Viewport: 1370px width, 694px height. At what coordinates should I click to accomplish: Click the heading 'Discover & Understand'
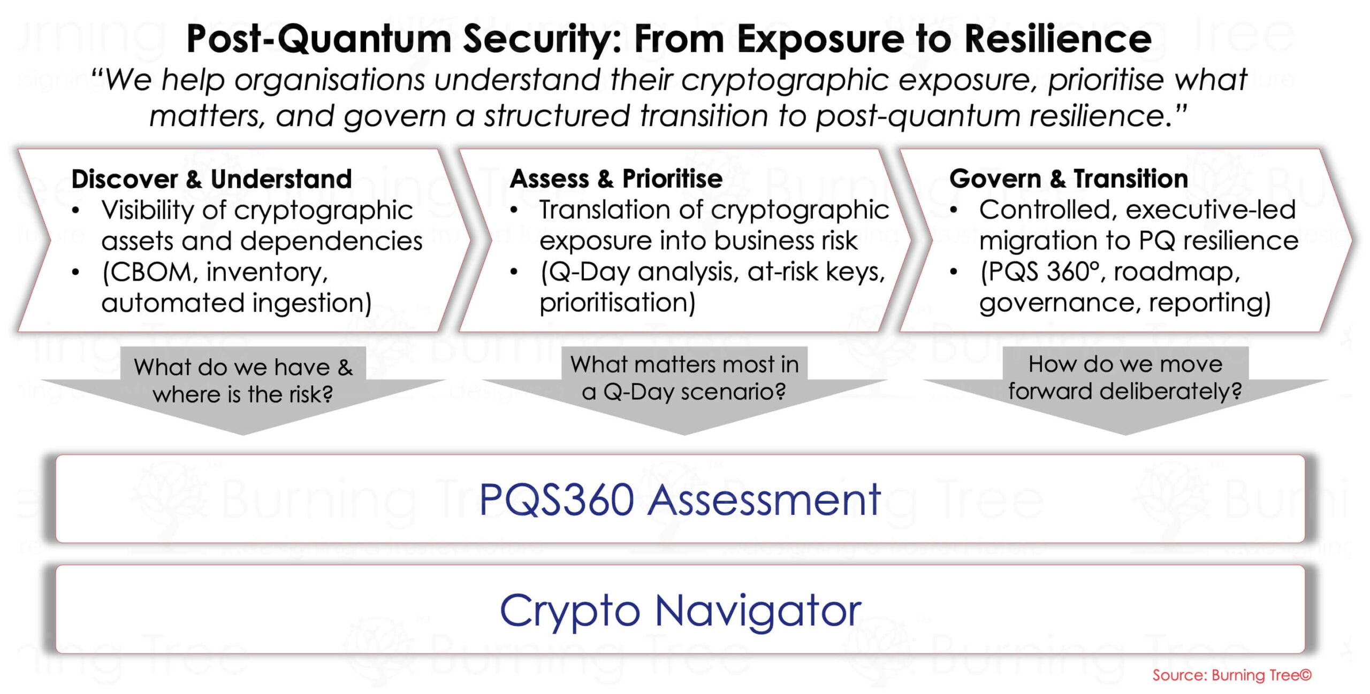coord(211,179)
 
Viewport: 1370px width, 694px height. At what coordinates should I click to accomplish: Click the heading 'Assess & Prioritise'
coord(616,179)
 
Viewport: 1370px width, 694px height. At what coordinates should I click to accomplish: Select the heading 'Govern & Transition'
coord(1068,179)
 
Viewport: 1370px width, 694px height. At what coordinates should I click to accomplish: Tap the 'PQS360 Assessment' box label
coord(680,499)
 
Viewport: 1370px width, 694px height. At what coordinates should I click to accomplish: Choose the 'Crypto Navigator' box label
coord(680,610)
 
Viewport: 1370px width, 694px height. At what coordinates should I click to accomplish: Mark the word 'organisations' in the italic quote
coord(330,80)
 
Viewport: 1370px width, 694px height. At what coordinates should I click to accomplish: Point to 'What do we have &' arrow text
coord(243,367)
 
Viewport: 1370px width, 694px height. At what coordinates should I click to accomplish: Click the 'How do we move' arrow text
coord(1125,365)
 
